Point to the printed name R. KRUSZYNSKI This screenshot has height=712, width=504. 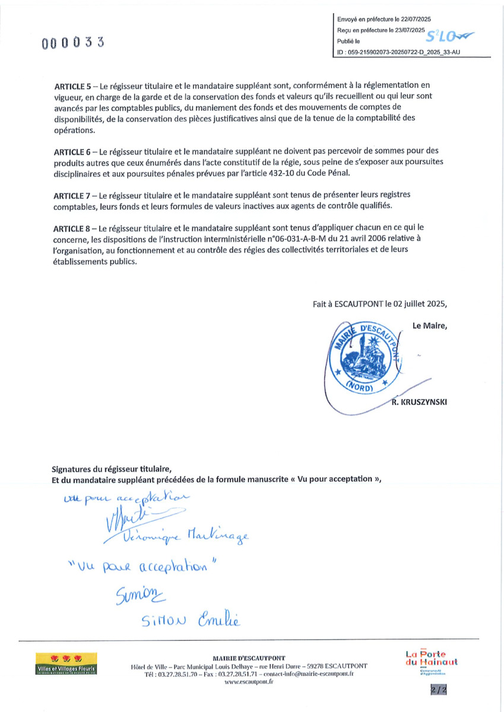(419, 402)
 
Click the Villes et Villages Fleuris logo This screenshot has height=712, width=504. (66, 664)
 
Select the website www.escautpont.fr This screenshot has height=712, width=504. (249, 682)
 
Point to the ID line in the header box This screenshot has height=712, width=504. (398, 53)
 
